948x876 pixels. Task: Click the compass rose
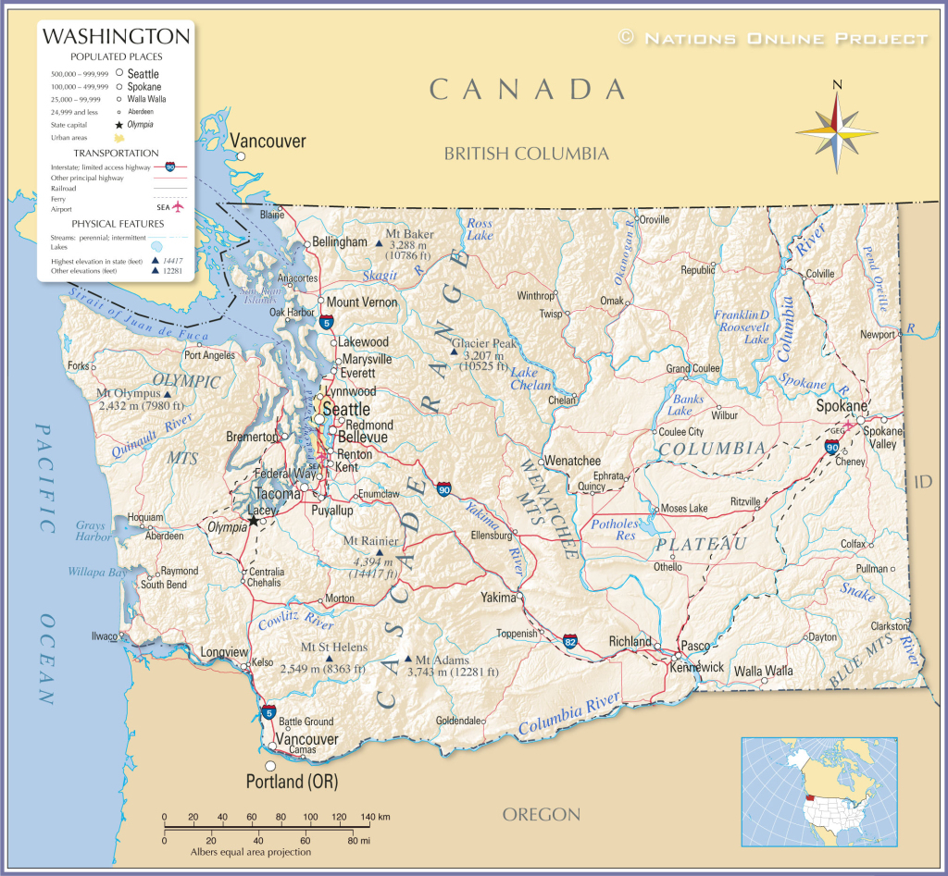pos(837,131)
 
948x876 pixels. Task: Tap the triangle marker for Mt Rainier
pos(380,552)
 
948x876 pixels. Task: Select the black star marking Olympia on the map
pos(253,520)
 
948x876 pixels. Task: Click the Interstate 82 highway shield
pos(571,640)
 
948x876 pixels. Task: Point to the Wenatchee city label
pos(572,461)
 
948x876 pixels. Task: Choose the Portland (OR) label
pos(292,782)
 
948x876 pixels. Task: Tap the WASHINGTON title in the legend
pos(117,37)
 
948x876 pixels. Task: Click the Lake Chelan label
pos(531,379)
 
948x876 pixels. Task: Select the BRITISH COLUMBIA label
pos(526,154)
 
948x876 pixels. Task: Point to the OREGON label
pos(542,815)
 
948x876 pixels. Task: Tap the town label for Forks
pos(78,365)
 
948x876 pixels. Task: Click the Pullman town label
pos(871,568)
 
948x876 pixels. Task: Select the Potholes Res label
pos(615,529)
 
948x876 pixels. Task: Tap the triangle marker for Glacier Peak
pos(454,352)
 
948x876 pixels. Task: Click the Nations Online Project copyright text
pos(772,38)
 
